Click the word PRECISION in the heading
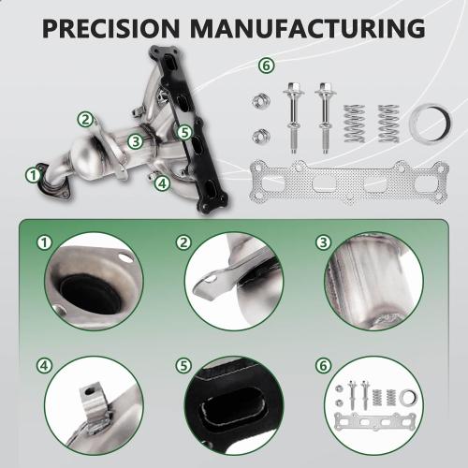[x=110, y=28]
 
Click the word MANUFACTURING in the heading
[x=308, y=28]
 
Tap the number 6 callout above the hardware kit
[x=266, y=66]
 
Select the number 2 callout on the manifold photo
[x=85, y=119]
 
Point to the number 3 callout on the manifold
[x=136, y=141]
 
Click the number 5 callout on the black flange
[x=184, y=133]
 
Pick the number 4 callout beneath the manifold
[x=162, y=183]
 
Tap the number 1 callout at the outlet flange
[x=33, y=175]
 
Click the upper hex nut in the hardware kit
[x=261, y=100]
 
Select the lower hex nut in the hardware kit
[x=261, y=136]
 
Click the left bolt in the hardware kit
[x=293, y=118]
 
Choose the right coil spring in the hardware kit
[x=389, y=124]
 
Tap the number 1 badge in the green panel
[x=44, y=242]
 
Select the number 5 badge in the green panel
[x=183, y=365]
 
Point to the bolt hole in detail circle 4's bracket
[x=90, y=390]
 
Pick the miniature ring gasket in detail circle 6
[x=409, y=398]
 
